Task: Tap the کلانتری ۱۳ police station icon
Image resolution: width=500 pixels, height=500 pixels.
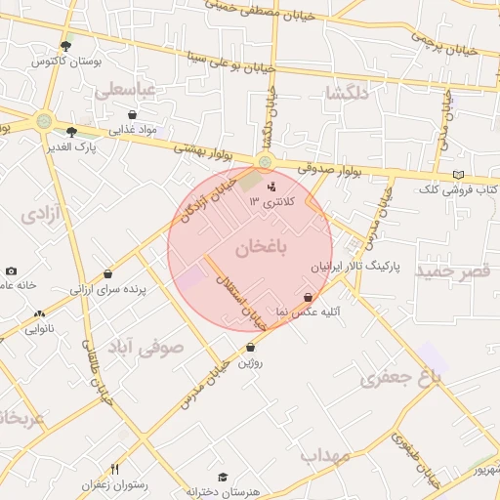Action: (x=271, y=186)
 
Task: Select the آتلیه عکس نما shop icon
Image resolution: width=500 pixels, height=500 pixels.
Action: (x=309, y=297)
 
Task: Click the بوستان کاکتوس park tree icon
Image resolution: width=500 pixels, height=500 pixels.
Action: (x=65, y=46)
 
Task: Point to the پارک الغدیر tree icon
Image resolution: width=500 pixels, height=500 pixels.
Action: (x=71, y=131)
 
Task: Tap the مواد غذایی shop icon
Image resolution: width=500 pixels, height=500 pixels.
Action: (x=132, y=114)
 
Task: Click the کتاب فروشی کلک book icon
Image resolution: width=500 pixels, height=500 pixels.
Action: (x=458, y=175)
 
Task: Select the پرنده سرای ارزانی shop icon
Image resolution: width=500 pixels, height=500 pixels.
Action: (x=107, y=274)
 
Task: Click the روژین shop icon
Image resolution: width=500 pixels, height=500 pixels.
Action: (x=251, y=347)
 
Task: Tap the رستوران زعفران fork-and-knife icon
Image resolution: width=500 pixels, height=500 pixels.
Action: (x=114, y=470)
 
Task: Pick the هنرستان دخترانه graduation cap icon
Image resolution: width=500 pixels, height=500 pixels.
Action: (x=223, y=477)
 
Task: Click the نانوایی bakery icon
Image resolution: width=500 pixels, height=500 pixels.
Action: (x=39, y=313)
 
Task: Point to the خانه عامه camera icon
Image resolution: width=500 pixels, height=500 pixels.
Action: (x=11, y=271)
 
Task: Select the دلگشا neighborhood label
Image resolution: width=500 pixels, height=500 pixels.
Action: (x=348, y=93)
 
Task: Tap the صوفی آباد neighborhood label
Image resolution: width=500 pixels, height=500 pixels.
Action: (x=155, y=346)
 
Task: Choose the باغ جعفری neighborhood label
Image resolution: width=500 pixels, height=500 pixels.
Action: (x=395, y=378)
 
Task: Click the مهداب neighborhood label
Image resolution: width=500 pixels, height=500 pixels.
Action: (x=325, y=455)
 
